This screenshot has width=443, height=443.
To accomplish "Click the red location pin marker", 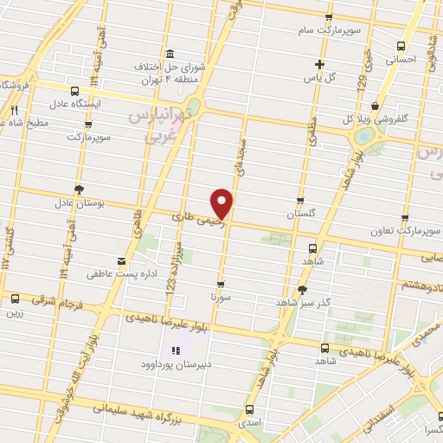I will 222,202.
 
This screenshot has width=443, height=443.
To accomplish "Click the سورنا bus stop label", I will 221,296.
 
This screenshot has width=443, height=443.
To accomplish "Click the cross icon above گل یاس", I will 320,63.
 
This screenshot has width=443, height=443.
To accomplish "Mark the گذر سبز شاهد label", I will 301,303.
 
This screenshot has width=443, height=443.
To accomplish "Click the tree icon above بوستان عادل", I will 80,189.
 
